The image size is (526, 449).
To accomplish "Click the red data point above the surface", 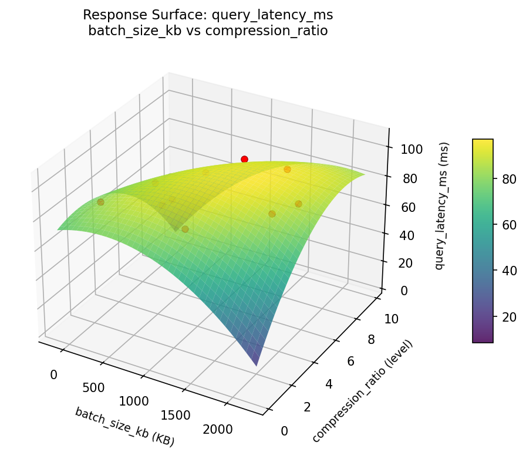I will point(244,159).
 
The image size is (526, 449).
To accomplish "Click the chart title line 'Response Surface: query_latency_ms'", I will point(208,15).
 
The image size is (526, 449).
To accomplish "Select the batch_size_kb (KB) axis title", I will point(124,426).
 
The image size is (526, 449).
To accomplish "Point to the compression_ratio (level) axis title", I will point(363,391).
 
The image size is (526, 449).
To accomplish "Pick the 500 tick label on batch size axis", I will point(93,388).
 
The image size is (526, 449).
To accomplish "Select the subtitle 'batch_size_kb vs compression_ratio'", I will point(208,31).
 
